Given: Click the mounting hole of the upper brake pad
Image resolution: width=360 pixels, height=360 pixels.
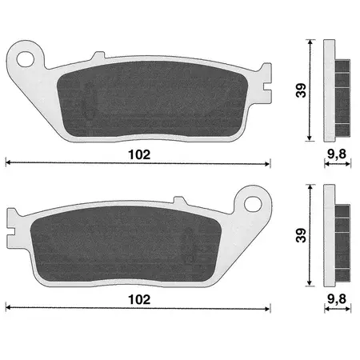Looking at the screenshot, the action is coord(26,59).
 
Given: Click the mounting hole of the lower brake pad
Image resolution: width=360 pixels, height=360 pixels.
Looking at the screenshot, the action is coord(253,204).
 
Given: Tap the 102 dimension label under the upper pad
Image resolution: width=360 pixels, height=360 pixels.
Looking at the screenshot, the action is coord(139,154).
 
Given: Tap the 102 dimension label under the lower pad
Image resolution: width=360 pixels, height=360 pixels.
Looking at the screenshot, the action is coord(139,299).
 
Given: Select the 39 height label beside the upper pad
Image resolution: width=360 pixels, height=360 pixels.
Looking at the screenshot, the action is coord(302,90).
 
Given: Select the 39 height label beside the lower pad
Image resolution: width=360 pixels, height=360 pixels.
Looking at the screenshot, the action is coord(302,235).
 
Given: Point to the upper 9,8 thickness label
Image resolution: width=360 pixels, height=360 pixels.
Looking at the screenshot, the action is coord(337,154).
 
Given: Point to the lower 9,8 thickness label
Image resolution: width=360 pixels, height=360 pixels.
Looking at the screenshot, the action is coord(337,299).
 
